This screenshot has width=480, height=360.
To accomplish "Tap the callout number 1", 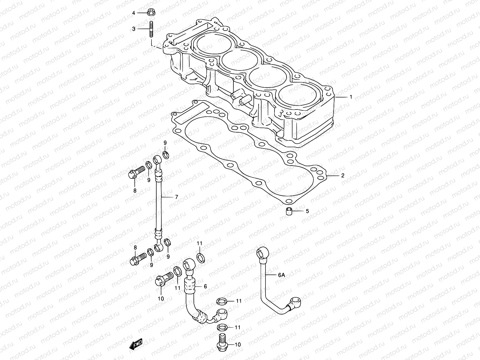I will click(x=350, y=97).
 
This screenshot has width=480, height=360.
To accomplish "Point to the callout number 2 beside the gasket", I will click(x=343, y=175).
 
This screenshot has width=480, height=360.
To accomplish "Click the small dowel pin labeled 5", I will click(x=289, y=211).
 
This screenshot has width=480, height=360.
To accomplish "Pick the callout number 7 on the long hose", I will click(x=176, y=197).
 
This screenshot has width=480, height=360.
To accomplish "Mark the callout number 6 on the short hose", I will click(x=205, y=286).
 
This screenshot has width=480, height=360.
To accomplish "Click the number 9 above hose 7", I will click(x=165, y=142).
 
